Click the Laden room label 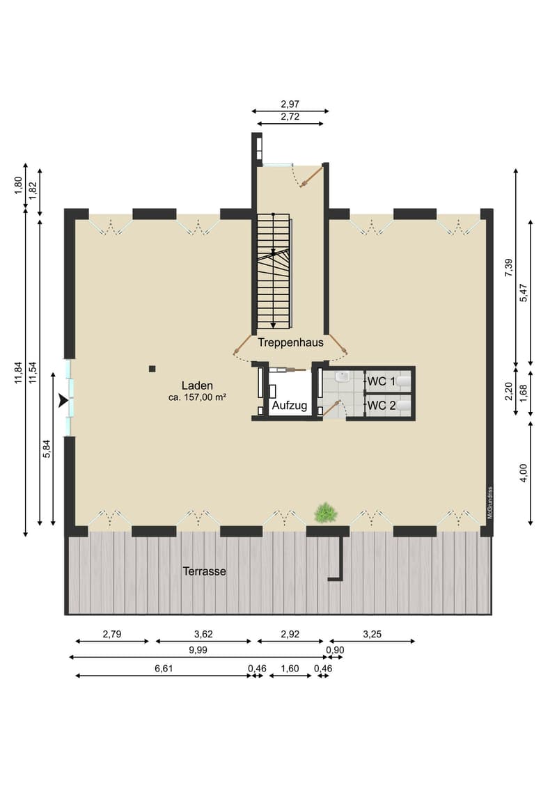(x=197, y=385)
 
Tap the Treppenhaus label (x=290, y=343)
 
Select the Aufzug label (x=290, y=406)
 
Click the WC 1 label (x=382, y=381)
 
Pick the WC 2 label (x=382, y=406)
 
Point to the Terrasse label (x=204, y=571)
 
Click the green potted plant (x=326, y=513)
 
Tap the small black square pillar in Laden (x=152, y=369)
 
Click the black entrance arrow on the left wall (x=63, y=401)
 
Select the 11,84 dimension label (x=19, y=373)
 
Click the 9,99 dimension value (x=198, y=650)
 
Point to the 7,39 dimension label (x=508, y=267)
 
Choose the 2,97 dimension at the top (x=290, y=104)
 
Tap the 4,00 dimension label (x=524, y=472)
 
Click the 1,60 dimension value (x=290, y=669)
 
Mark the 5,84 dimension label (x=47, y=449)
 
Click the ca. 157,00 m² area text (x=197, y=397)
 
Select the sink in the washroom (x=343, y=376)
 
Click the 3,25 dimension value (x=372, y=634)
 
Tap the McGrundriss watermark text (x=489, y=502)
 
